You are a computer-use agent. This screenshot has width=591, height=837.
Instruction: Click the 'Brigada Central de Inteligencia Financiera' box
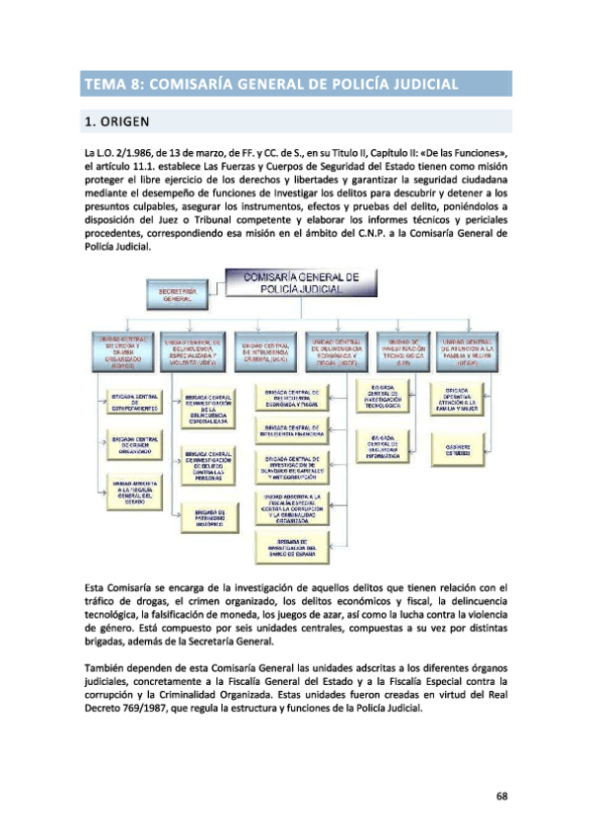pos(291,430)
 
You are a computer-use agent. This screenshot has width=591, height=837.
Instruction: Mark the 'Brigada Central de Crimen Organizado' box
pos(129,443)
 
